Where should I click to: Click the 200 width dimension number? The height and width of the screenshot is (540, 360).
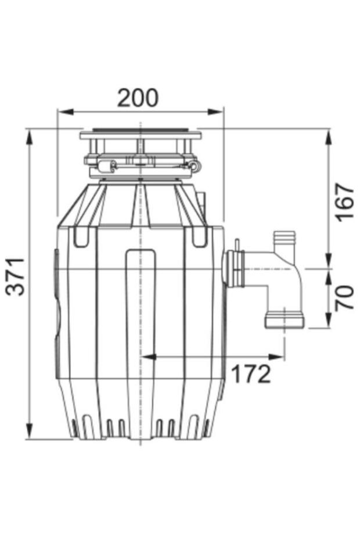[138, 98]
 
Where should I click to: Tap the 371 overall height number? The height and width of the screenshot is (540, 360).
[16, 276]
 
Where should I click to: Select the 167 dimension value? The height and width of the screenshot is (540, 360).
[345, 203]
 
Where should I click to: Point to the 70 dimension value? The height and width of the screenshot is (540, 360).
[345, 297]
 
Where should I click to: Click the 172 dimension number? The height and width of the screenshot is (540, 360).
[250, 374]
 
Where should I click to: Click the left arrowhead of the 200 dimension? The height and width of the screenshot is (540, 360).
[66, 111]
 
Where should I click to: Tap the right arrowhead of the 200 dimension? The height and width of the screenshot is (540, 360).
[215, 111]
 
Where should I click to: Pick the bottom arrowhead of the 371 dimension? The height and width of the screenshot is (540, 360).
[30, 430]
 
